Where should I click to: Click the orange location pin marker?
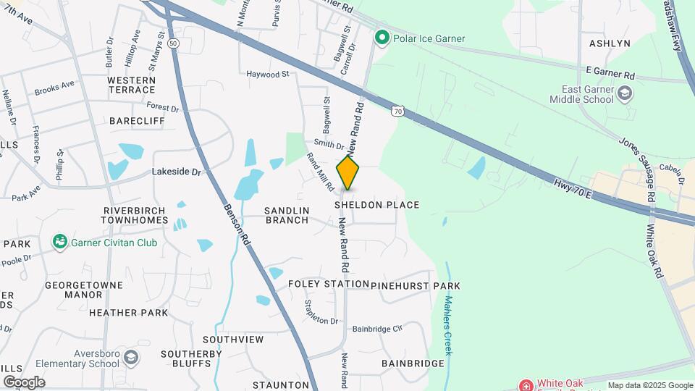348,173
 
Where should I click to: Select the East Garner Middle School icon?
624,93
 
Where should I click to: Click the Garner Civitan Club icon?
60,242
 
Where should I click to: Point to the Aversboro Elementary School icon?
130,357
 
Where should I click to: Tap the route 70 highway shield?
396,111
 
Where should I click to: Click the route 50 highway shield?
172,43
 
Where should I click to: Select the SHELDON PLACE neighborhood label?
376,205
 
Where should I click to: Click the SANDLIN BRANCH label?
287,215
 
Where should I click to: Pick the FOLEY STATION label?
324,285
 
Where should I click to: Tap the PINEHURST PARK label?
416,286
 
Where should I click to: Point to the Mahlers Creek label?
448,325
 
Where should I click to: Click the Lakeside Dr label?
175,172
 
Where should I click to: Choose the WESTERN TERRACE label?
131,85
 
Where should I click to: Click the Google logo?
24,382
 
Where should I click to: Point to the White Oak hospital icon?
525,384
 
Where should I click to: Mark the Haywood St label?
267,74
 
